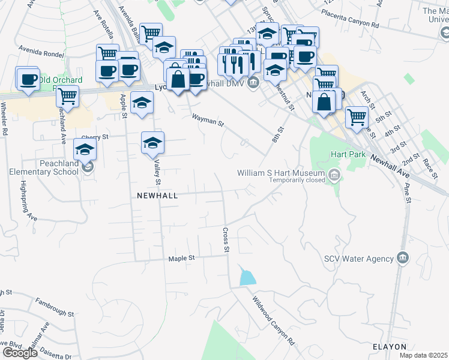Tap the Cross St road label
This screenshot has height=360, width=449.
[x=226, y=240]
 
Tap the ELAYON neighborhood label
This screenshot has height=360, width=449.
[x=390, y=347]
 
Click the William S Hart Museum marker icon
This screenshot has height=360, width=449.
[x=334, y=175]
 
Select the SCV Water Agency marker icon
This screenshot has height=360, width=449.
[x=402, y=259]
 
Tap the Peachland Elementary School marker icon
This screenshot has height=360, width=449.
[x=88, y=166]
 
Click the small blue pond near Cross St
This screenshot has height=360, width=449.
[x=247, y=277]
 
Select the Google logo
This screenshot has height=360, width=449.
[x=19, y=353]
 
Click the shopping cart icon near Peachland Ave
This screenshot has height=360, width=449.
[x=67, y=96]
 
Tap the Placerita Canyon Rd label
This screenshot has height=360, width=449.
[x=351, y=20]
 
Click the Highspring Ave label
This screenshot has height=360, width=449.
[x=26, y=201]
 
